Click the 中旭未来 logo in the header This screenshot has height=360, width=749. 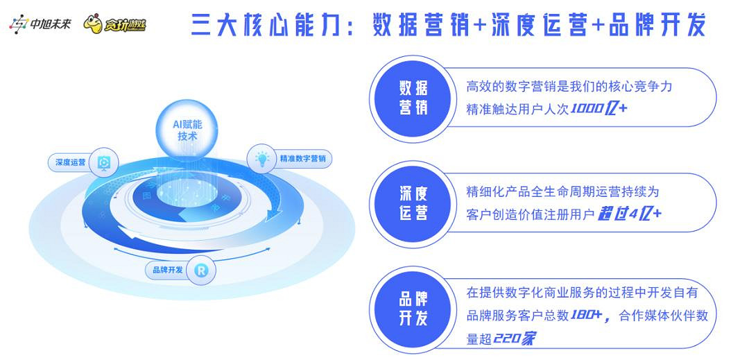[40, 25]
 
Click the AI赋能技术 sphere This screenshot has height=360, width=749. [187, 130]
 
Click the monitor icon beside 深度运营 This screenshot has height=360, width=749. [104, 162]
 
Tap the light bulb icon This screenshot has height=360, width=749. [262, 158]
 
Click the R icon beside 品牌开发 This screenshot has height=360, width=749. [200, 270]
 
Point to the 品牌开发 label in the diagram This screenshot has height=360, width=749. [168, 270]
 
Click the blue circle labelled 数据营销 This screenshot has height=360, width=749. [413, 97]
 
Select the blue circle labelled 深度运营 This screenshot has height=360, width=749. [413, 203]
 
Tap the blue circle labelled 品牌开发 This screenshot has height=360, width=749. [413, 308]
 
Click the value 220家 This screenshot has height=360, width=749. [518, 338]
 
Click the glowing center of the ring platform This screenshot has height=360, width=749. [187, 191]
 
